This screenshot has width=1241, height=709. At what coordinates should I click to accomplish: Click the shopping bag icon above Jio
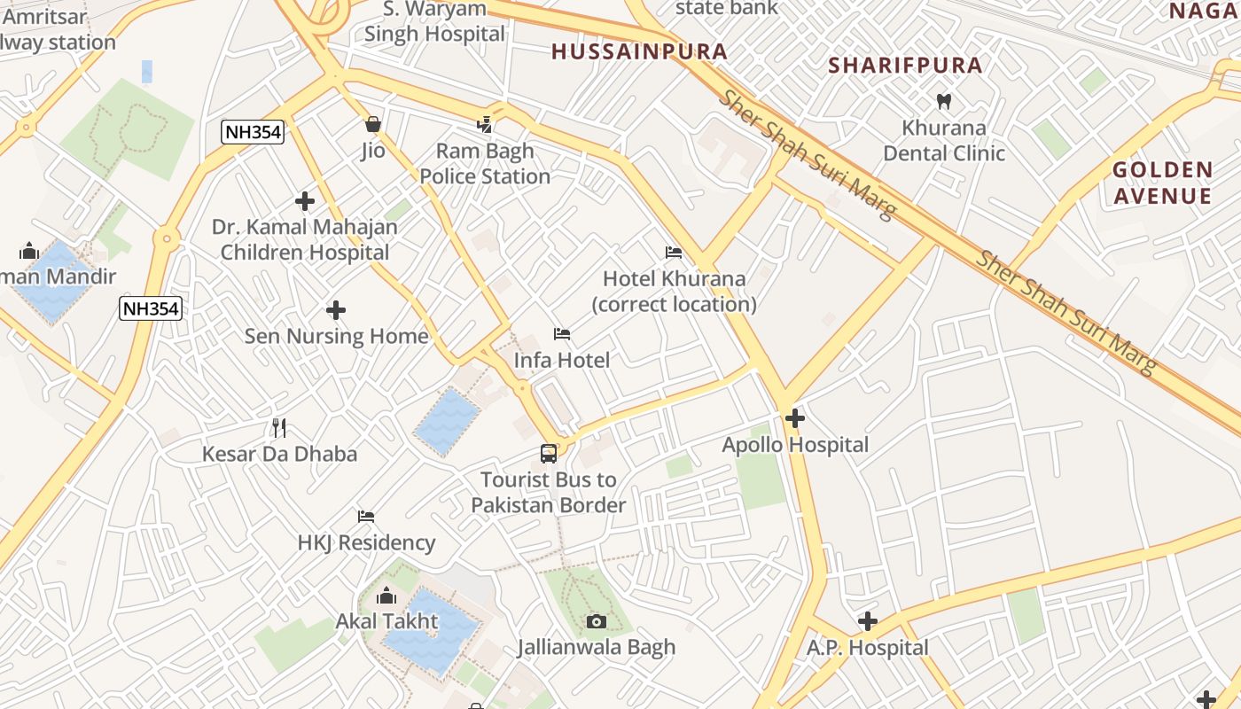point(373,124)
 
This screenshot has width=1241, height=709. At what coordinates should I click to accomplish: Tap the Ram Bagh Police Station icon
point(485,124)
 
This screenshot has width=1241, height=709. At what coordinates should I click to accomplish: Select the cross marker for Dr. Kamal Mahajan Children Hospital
point(305,201)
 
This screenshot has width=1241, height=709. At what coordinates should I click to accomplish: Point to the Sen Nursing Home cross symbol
point(336,310)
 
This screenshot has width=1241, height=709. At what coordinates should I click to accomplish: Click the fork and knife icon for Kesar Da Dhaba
point(279,428)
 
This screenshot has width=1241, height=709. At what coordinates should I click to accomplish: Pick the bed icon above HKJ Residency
point(366,517)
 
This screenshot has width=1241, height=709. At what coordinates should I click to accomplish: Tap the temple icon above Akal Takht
point(386,596)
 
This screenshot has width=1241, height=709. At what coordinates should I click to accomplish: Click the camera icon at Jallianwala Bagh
point(597,621)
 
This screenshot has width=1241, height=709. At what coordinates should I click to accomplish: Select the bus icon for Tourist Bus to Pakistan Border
point(549,454)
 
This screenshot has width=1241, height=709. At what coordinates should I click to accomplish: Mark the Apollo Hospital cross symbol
point(795,418)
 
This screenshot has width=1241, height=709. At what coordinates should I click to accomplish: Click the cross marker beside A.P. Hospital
point(868,621)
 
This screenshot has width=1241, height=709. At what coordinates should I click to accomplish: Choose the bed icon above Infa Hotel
point(562,334)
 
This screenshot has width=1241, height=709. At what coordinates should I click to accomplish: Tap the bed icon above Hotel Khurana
point(674,253)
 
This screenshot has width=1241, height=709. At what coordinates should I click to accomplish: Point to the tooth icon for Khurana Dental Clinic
point(944,102)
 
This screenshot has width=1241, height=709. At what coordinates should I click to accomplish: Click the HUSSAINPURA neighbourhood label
point(639,51)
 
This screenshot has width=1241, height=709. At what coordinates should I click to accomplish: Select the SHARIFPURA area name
point(905,65)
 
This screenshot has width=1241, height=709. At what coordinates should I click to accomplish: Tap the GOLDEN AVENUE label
point(1162,183)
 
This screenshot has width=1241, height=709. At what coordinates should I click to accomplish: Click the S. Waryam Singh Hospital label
point(434,21)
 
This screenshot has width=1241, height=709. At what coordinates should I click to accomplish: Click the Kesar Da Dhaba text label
point(279,454)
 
